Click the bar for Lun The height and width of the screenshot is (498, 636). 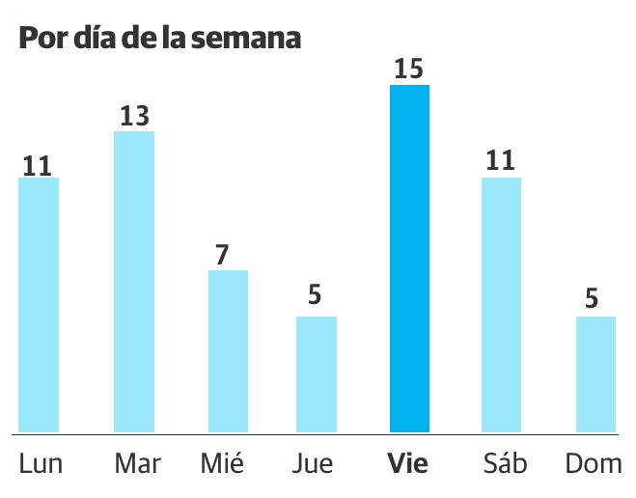point(40,305)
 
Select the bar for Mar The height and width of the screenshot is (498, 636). point(134,282)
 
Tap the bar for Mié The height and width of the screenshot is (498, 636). point(229,351)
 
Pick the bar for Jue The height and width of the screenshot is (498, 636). point(317,374)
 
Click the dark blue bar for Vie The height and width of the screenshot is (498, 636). point(409,259)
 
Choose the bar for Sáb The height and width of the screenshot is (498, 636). point(501,305)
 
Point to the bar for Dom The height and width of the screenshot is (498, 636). point(595,374)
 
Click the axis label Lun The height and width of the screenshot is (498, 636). point(41,464)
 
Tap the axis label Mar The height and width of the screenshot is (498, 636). point(137,464)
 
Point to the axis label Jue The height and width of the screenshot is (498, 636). point(313,464)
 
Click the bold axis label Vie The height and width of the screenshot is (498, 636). point(407,464)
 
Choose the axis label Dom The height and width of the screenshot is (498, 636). point(594,464)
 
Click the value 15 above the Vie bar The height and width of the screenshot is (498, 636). point(409,69)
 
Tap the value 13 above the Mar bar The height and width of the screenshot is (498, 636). point(134,116)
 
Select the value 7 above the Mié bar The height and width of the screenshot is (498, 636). point(222,256)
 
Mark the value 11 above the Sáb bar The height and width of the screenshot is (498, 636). point(501,161)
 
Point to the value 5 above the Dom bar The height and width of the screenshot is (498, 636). point(591,300)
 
